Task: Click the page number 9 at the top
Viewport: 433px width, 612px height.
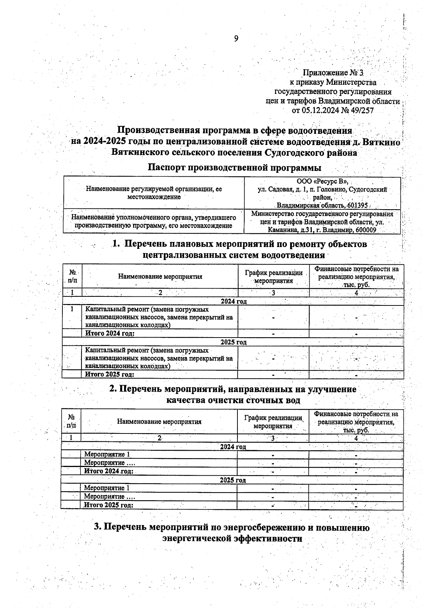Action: coord(236,39)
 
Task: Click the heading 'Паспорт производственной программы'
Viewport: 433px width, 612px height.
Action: coord(235,168)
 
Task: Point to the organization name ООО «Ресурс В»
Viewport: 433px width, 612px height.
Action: coord(322,181)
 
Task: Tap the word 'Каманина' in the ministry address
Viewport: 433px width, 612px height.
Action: coord(281,230)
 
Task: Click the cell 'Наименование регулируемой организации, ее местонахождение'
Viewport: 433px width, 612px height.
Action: coord(154,193)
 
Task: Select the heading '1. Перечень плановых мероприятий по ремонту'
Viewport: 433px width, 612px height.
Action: coord(240,244)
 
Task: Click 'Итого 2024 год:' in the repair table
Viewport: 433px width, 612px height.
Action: coord(110,333)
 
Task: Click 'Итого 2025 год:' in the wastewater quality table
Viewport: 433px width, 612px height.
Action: coord(109,505)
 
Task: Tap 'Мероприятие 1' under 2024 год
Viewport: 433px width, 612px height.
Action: coord(106,454)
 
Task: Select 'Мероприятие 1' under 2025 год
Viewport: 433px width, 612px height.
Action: coord(106,488)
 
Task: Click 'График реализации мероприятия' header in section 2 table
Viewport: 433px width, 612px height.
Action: coord(273,422)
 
